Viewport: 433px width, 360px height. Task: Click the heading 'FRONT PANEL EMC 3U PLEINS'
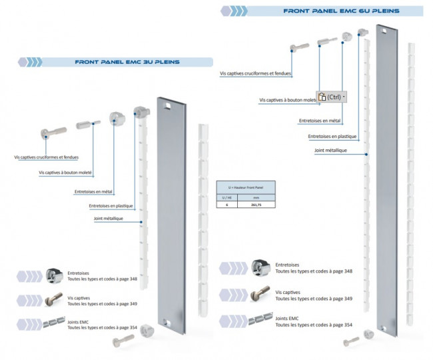[127, 62]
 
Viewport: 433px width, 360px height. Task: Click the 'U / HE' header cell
[227, 197]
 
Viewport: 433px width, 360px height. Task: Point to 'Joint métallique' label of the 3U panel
[109, 219]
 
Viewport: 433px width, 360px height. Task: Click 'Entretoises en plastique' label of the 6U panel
[332, 136]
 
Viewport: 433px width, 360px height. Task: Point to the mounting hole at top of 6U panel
[385, 30]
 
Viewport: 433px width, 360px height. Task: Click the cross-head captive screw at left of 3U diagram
[53, 130]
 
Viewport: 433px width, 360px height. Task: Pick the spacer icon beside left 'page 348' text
[53, 275]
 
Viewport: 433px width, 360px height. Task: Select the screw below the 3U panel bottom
[124, 341]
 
